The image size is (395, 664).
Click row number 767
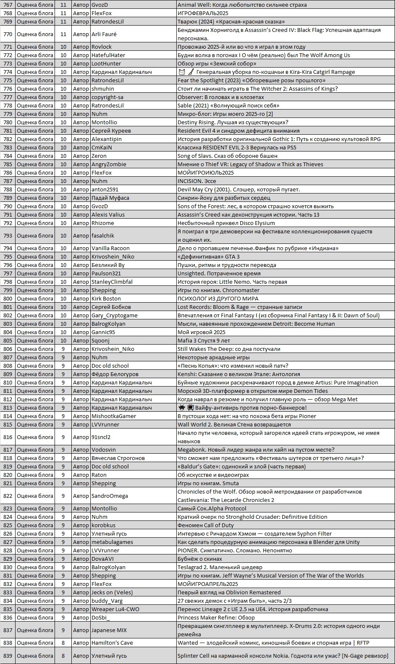click(8, 5)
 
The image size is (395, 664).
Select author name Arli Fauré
click(104, 34)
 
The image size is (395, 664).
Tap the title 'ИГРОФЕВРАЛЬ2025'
click(203, 13)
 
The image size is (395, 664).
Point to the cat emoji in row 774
click(182, 72)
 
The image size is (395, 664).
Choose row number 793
click(8, 235)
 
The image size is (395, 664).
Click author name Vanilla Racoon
click(110, 248)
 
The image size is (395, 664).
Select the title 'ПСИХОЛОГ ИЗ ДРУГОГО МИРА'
click(218, 298)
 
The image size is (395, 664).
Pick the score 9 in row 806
click(63, 349)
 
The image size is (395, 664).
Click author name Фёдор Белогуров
click(115, 374)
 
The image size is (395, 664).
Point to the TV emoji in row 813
click(190, 408)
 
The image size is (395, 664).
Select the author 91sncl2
click(101, 437)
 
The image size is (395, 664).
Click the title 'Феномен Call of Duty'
click(206, 525)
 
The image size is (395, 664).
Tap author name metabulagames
click(112, 542)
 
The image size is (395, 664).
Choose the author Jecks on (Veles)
click(112, 592)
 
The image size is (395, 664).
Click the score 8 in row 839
click(63, 656)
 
